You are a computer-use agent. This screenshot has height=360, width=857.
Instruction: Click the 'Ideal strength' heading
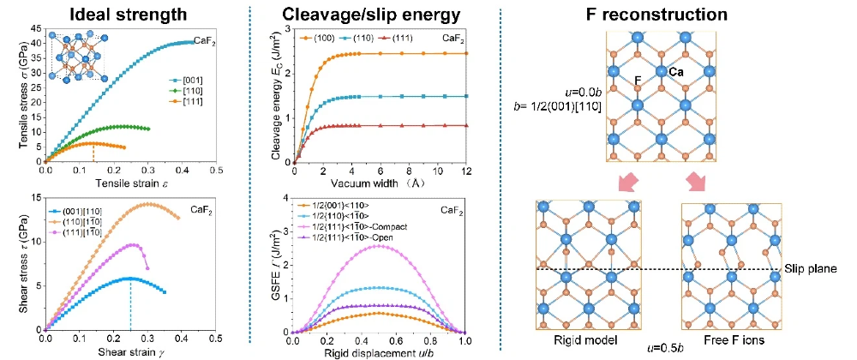click(x=129, y=14)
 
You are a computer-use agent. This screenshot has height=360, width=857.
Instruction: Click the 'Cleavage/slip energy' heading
click(x=378, y=14)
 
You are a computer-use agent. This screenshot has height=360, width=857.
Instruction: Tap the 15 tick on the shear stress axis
click(x=35, y=198)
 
